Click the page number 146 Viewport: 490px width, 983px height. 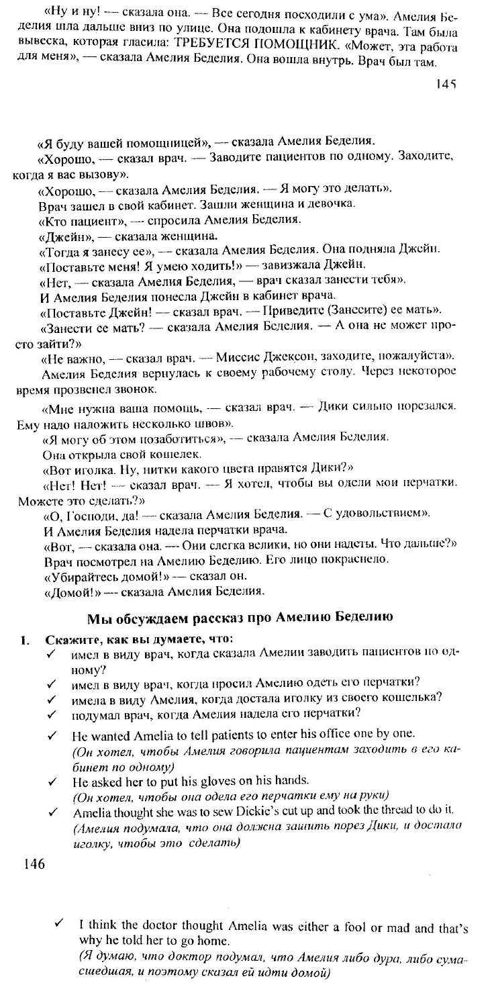point(34,864)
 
